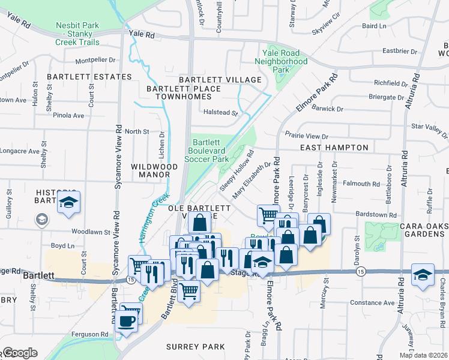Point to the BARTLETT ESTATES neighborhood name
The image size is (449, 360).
89,77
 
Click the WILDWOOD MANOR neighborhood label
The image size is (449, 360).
154,171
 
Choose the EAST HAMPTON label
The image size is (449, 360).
334,147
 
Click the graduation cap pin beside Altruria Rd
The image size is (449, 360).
423,274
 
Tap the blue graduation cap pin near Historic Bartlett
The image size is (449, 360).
69,203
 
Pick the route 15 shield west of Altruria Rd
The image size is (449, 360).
360,272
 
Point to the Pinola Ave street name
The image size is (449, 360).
68,115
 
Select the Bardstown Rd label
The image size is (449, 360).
376,214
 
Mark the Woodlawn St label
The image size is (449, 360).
91,231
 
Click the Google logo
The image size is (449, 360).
20,353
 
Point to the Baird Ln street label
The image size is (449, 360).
374,26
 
